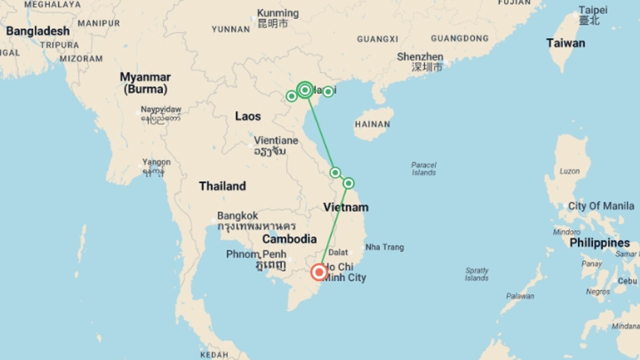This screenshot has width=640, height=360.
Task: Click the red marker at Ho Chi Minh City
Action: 319,272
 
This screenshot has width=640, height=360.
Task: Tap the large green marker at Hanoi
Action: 305,90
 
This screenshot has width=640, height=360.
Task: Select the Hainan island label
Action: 372,124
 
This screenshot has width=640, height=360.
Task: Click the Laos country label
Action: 248,116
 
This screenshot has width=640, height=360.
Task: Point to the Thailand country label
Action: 222,186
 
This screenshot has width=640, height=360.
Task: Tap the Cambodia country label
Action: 289,239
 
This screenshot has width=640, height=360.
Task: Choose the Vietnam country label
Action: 346,207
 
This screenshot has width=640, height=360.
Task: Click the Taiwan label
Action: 565,43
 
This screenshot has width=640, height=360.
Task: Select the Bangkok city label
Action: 237,216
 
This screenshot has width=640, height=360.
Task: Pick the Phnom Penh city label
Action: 256,254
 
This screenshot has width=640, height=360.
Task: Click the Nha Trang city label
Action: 384,247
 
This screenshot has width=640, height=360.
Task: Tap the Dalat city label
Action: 338,252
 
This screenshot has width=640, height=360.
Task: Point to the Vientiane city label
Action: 276,140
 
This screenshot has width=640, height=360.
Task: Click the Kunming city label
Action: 278,13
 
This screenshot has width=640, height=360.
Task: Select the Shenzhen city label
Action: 420,57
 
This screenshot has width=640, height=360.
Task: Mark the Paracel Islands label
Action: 424,169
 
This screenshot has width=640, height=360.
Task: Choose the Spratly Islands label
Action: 476,274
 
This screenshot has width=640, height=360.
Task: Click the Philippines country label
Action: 599,243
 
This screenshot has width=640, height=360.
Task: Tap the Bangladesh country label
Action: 38,31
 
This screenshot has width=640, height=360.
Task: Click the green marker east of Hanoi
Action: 328,92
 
